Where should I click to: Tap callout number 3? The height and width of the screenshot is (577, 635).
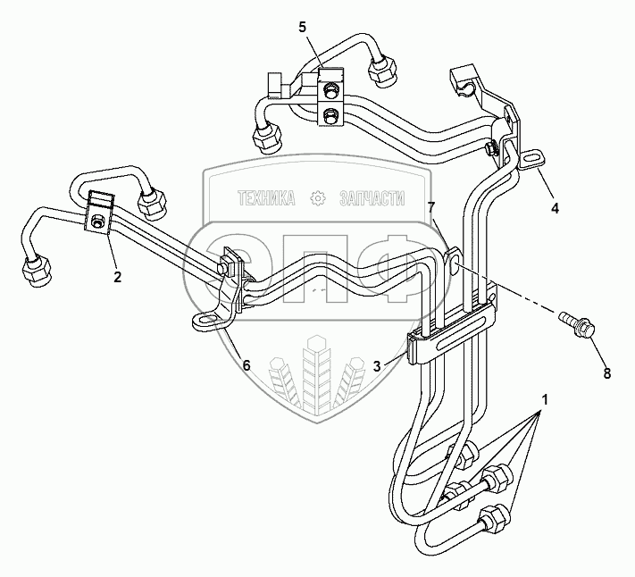378,365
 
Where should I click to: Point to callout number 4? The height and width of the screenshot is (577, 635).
555,208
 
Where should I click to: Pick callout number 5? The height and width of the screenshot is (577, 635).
303,27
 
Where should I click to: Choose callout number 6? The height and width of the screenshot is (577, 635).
247,365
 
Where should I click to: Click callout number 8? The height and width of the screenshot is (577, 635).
606,373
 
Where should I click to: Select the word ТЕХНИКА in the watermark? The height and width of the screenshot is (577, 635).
266,198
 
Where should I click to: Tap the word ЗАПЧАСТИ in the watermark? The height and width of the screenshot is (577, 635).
372,198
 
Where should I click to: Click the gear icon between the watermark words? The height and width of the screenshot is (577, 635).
317,198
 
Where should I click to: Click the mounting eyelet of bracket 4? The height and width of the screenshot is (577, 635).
532,159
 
